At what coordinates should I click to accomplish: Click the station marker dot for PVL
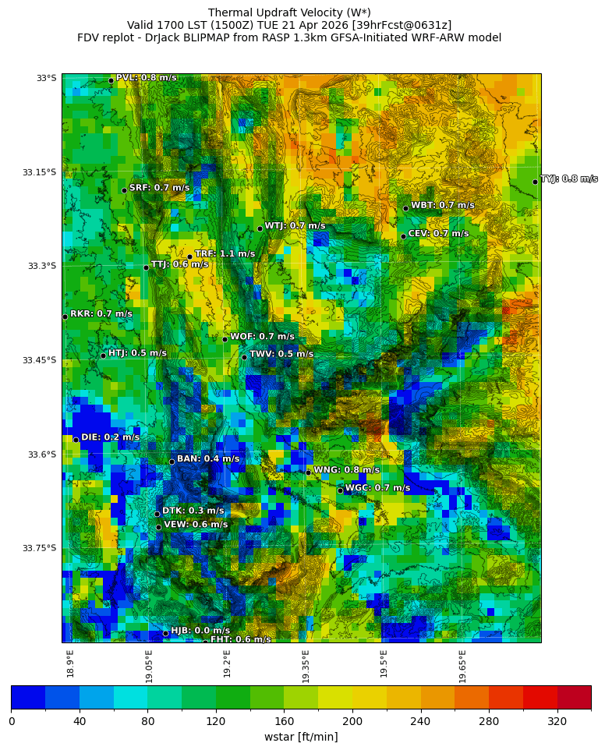click(111, 80)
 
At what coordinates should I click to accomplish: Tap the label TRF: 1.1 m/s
click(225, 254)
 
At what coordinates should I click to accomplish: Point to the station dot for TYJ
click(535, 182)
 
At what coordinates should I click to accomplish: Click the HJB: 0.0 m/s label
click(200, 631)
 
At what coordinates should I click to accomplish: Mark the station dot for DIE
click(76, 440)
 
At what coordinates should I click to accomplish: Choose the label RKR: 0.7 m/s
click(101, 314)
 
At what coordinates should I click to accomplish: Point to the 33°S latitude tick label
click(46, 78)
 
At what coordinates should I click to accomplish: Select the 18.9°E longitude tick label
click(71, 663)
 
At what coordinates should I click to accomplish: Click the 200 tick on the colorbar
click(352, 722)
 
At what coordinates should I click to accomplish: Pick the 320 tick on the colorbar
click(557, 722)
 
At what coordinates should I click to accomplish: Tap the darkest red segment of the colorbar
click(574, 697)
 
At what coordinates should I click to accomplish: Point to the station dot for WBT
click(405, 208)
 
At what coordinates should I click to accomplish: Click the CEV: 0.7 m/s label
click(438, 234)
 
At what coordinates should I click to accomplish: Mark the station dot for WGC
click(340, 490)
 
